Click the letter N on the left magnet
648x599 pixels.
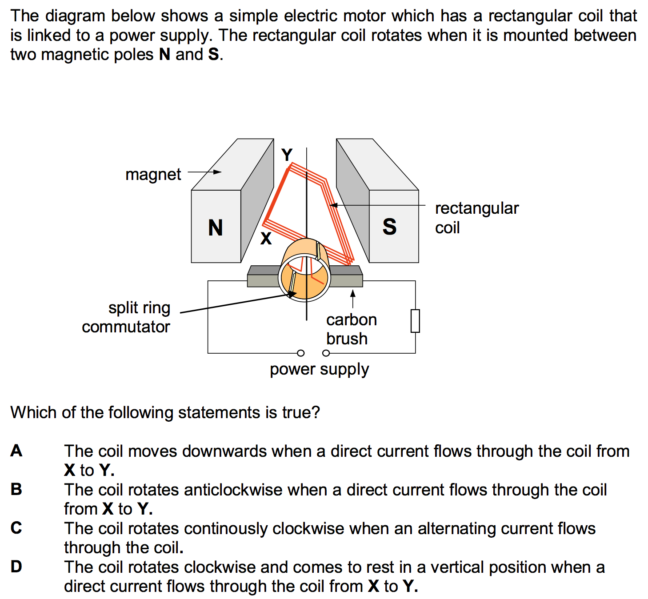click(x=216, y=228)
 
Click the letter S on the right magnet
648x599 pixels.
click(x=389, y=227)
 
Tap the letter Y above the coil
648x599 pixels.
click(x=287, y=155)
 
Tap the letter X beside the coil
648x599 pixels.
click(x=266, y=239)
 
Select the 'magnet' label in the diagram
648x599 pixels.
click(x=153, y=175)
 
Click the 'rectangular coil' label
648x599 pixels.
click(x=476, y=218)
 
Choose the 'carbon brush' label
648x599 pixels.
click(x=351, y=329)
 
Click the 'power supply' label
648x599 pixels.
click(x=319, y=369)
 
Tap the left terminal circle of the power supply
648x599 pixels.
click(x=301, y=353)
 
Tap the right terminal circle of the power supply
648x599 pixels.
click(x=326, y=353)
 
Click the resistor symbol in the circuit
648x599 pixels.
click(x=415, y=321)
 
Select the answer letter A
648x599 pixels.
click(x=16, y=451)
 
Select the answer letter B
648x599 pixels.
click(x=16, y=490)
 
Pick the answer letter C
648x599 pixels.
click(x=16, y=528)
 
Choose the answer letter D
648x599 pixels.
click(x=16, y=567)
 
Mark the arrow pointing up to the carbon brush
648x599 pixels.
click(x=353, y=299)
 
